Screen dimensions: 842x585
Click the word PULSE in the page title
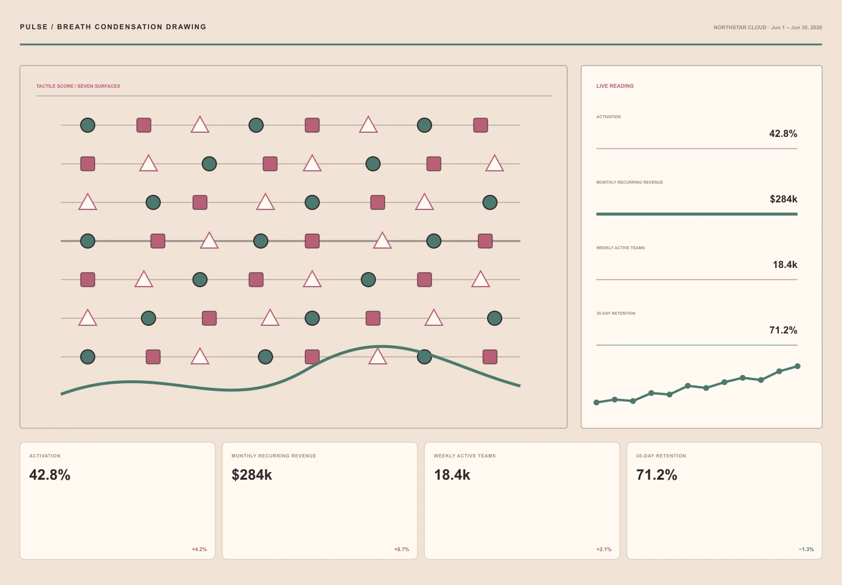click(x=34, y=27)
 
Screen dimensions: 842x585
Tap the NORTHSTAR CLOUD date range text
click(x=768, y=27)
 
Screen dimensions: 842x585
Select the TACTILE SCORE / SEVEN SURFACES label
click(x=78, y=86)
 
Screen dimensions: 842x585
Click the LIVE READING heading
click(x=615, y=86)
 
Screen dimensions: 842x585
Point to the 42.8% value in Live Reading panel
click(x=783, y=133)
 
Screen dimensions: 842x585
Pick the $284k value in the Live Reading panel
click(x=784, y=199)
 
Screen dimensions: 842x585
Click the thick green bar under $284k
click(x=696, y=214)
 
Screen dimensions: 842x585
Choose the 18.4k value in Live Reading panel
click(x=785, y=264)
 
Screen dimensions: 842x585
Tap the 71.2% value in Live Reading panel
click(x=783, y=330)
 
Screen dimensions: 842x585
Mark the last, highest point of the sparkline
click(x=798, y=366)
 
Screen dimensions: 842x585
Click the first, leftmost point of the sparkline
click(x=596, y=402)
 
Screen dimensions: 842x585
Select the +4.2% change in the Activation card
click(x=199, y=549)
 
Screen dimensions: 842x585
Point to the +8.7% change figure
click(x=402, y=549)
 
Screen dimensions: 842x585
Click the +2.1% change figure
click(x=603, y=549)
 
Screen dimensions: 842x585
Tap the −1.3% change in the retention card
click(x=806, y=549)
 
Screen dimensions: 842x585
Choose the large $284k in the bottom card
click(x=251, y=475)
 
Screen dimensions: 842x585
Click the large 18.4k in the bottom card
click(x=452, y=475)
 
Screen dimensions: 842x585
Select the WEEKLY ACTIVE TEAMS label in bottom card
click(x=465, y=456)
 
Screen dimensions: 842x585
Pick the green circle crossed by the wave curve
click(x=425, y=357)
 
